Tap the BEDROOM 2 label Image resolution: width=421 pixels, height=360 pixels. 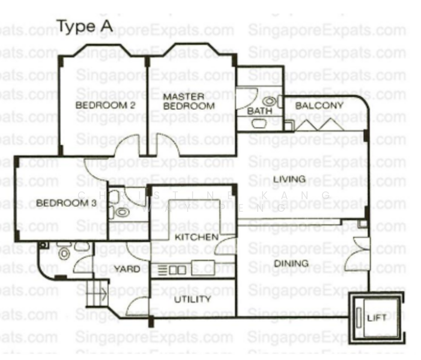click(x=104, y=106)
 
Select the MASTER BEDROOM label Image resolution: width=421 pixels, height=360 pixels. click(x=189, y=101)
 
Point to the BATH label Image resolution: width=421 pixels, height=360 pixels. click(x=259, y=111)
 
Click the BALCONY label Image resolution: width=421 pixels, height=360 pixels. click(x=320, y=106)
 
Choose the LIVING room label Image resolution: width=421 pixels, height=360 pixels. click(x=289, y=179)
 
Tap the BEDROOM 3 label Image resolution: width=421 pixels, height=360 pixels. click(x=66, y=203)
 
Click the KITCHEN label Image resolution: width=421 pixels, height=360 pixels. click(x=196, y=238)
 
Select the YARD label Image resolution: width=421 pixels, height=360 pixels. click(x=127, y=269)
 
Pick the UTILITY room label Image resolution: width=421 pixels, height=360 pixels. click(x=192, y=299)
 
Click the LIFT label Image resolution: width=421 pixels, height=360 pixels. click(x=377, y=317)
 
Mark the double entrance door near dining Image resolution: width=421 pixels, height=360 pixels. click(x=359, y=256)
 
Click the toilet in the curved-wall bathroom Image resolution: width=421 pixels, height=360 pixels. click(x=64, y=253)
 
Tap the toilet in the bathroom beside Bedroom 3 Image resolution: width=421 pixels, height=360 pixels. click(x=122, y=212)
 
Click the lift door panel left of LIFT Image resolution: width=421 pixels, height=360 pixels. click(x=359, y=317)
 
